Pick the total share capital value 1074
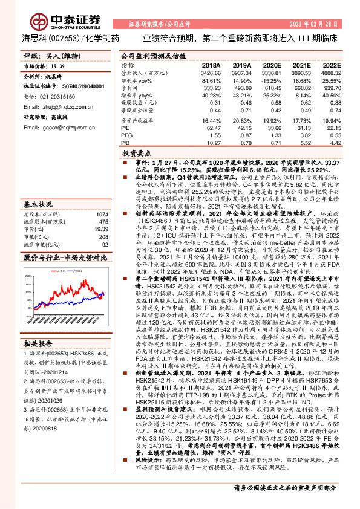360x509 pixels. click(x=102, y=198)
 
